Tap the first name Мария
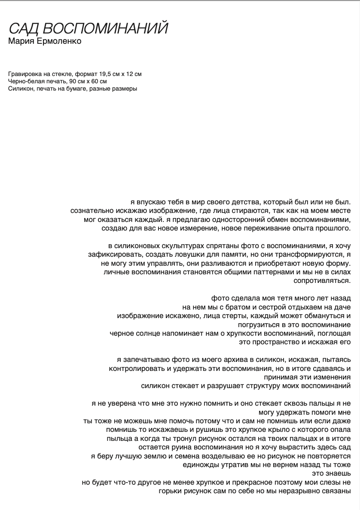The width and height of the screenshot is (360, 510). (19, 42)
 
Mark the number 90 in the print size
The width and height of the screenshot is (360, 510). (75, 81)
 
